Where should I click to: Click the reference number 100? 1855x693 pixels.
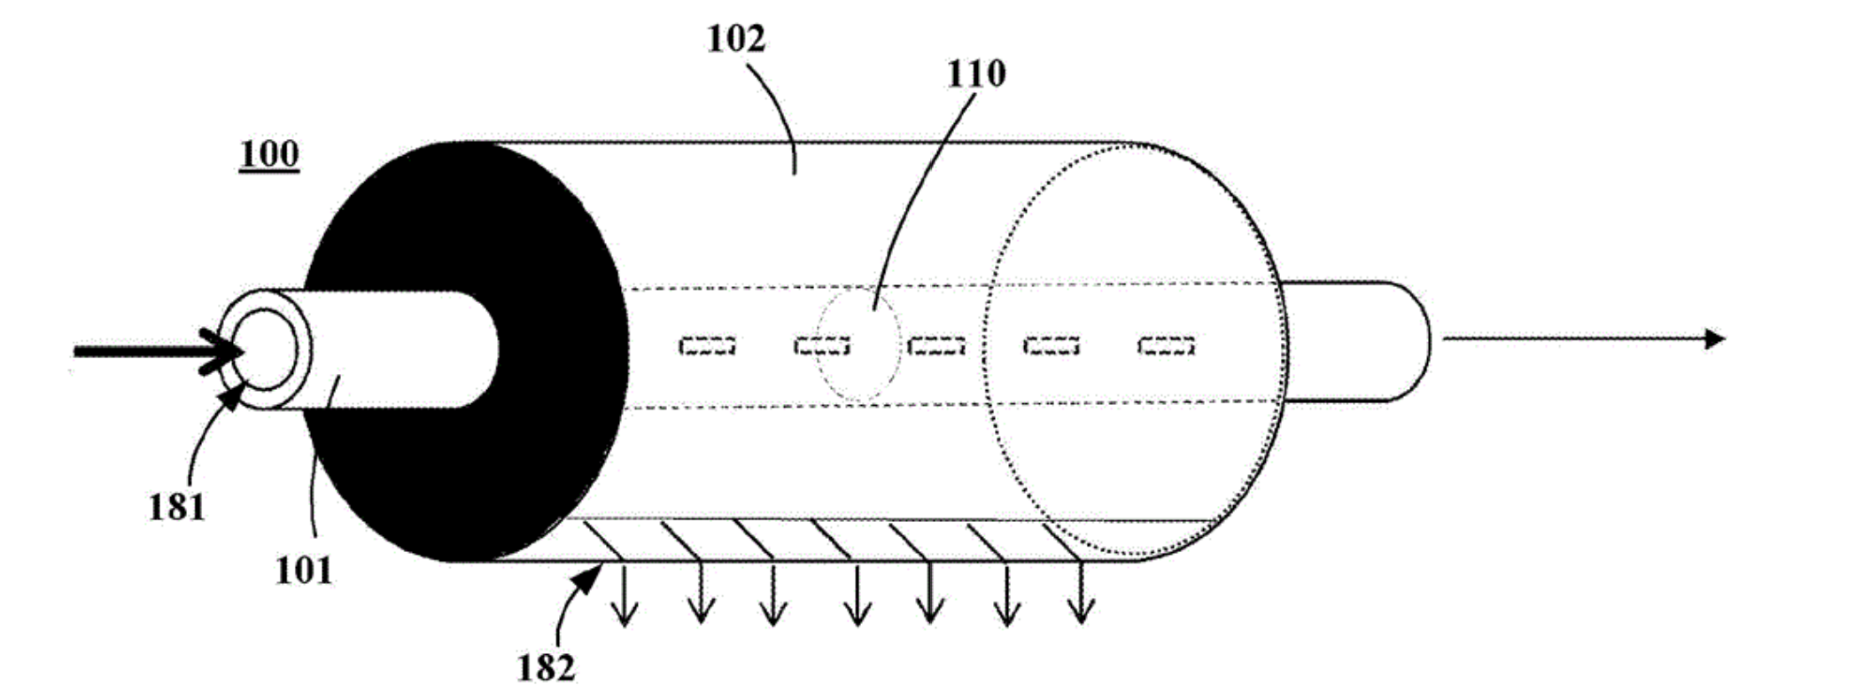[x=269, y=154]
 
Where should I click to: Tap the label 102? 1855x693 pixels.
[x=735, y=39]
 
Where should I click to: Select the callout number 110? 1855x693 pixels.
[x=975, y=74]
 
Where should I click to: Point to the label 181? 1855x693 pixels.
[x=176, y=507]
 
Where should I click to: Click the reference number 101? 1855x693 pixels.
[x=303, y=571]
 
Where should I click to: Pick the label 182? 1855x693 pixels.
[x=546, y=667]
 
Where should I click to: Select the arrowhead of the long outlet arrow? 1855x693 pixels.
[x=1714, y=339]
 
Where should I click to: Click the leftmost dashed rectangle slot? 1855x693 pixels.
[x=707, y=345]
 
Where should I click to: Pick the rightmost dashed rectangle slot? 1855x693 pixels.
[x=1166, y=345]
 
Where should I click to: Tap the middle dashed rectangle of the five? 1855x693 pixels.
[x=936, y=345]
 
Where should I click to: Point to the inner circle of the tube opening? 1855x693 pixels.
[x=266, y=350]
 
